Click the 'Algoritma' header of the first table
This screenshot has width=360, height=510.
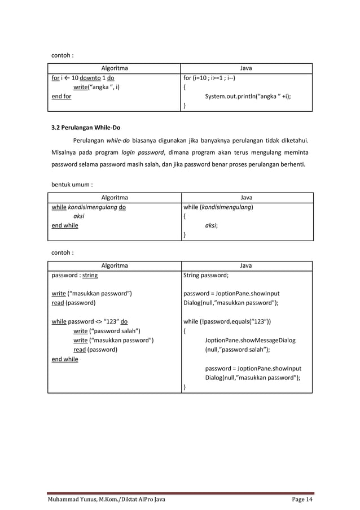click(x=114, y=68)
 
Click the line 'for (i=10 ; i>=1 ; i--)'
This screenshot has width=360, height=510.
click(x=209, y=78)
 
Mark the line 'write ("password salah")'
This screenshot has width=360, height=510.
click(x=107, y=331)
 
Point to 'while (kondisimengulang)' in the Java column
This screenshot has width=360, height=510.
click(x=218, y=207)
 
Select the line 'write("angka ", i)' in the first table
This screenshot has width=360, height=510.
click(x=96, y=87)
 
